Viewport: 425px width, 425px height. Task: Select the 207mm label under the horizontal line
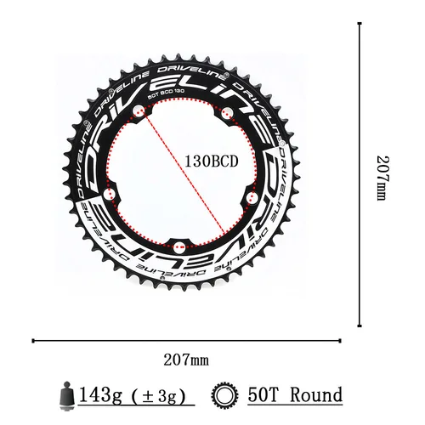point(188,360)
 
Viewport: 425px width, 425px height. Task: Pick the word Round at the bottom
point(314,395)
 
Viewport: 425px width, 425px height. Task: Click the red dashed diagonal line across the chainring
point(187,170)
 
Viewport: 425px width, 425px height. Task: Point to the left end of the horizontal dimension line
point(31,341)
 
